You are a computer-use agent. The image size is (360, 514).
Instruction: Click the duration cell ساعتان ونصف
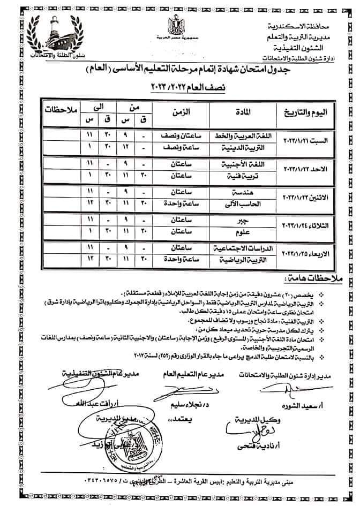181,135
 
